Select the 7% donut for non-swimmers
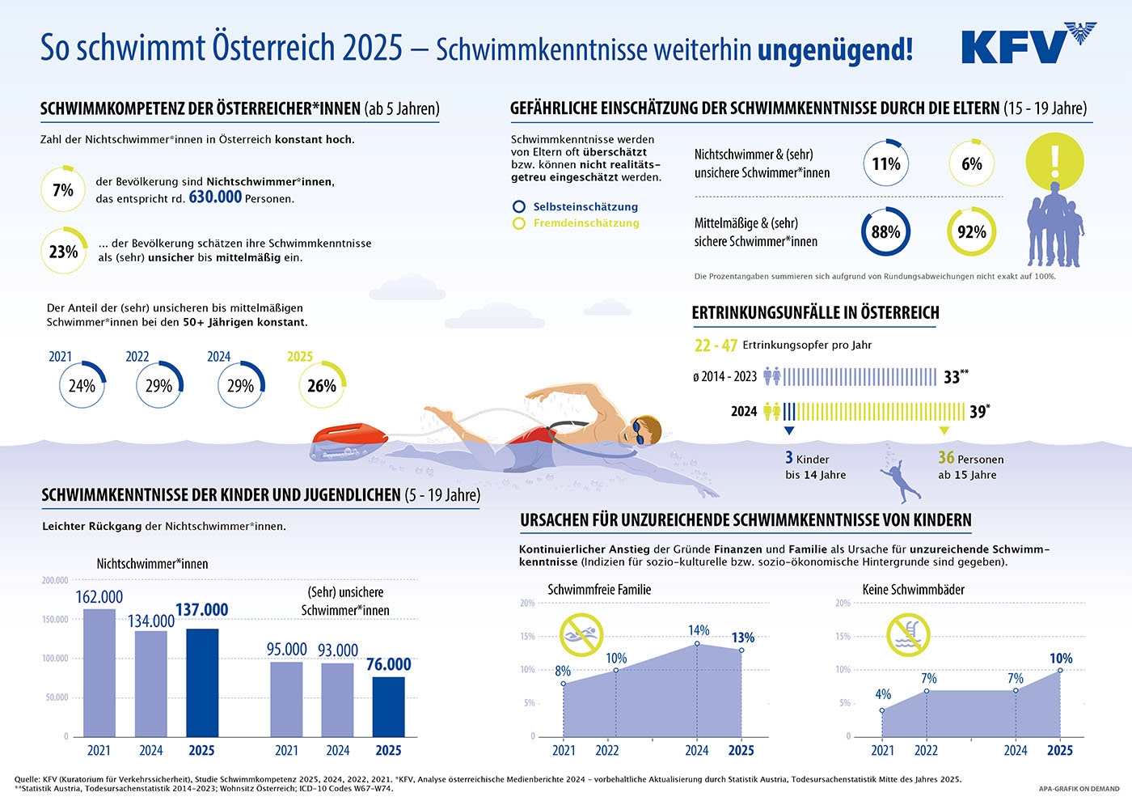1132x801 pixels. click(x=63, y=190)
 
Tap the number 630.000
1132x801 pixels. click(x=215, y=197)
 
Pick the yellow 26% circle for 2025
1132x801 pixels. click(x=322, y=386)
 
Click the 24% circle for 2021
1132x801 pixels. click(x=82, y=386)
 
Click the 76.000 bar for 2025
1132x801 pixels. click(x=389, y=706)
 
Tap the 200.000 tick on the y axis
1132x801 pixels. click(x=55, y=580)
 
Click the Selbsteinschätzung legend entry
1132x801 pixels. click(x=585, y=207)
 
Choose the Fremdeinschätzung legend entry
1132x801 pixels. click(x=585, y=223)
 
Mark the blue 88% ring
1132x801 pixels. click(x=885, y=232)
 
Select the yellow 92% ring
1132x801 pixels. click(x=971, y=232)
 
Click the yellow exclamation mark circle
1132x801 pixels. click(x=1054, y=161)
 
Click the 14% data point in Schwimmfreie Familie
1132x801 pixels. click(x=697, y=644)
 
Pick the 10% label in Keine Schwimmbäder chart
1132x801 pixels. click(x=1061, y=659)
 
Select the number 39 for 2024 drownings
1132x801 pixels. click(x=978, y=412)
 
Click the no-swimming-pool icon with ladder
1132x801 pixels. click(x=908, y=634)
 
